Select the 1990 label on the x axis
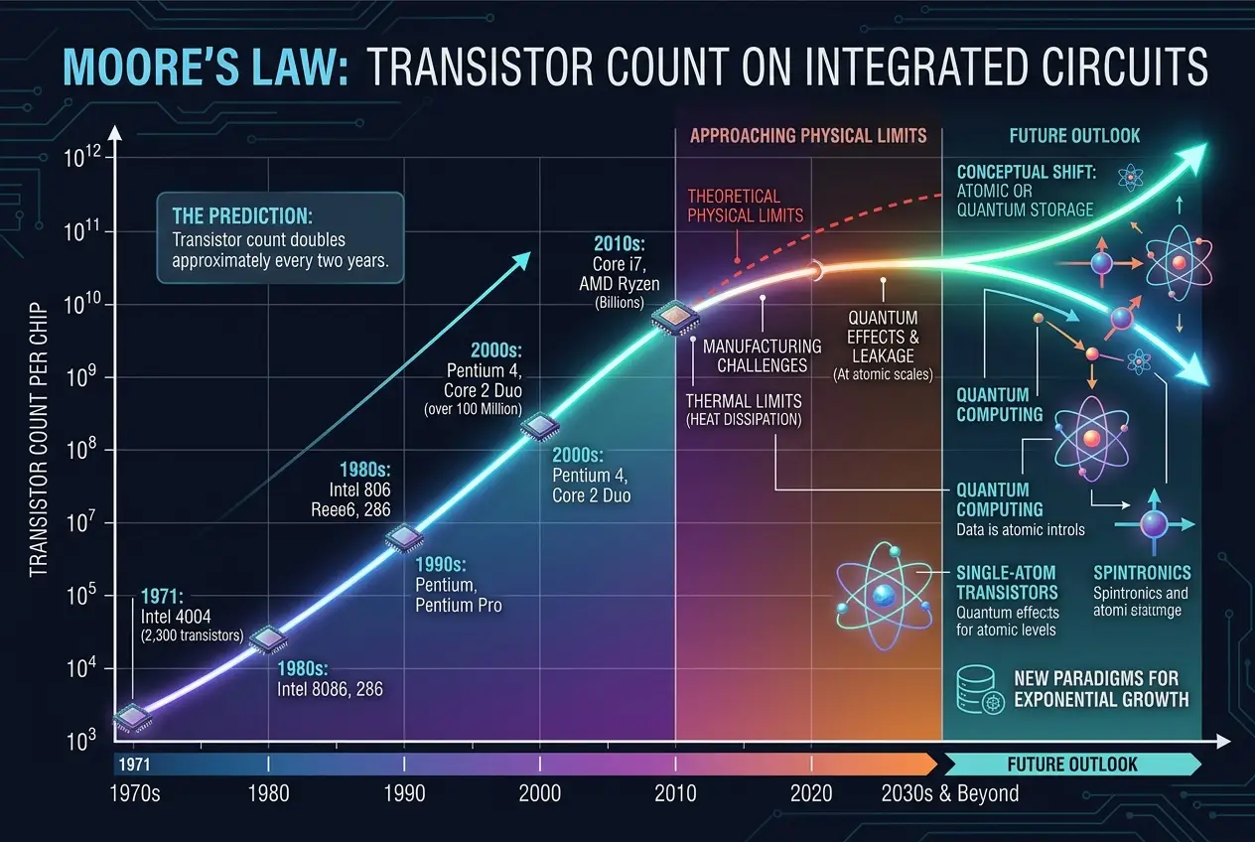403,793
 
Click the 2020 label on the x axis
811,793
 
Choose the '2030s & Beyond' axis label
949,793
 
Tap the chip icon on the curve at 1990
404,538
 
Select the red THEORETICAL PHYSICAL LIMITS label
745,206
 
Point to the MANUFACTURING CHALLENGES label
762,355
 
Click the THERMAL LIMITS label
744,410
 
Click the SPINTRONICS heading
1141,573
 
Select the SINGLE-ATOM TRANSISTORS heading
1008,582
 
